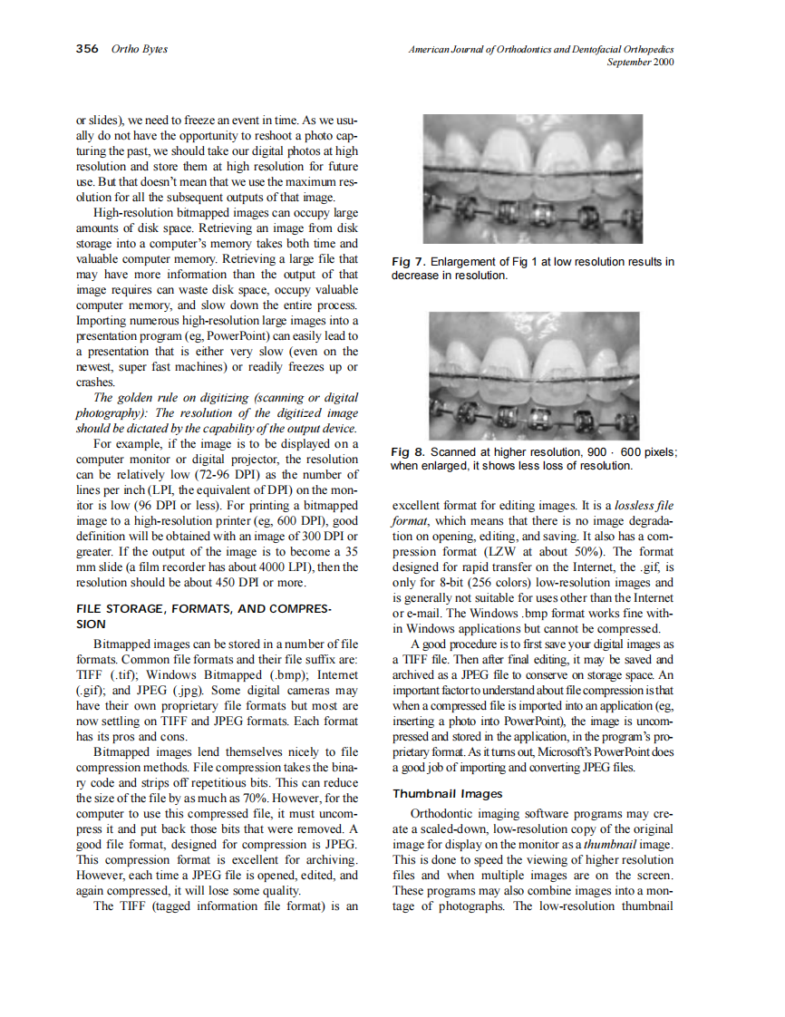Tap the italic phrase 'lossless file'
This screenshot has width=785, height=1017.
click(644, 505)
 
